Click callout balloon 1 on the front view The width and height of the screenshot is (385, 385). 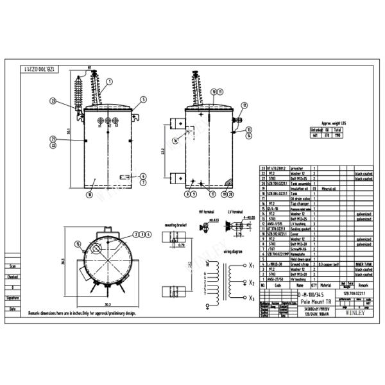tap(109, 81)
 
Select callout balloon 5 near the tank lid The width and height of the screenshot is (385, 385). tap(144, 99)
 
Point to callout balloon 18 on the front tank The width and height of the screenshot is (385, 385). tap(89, 194)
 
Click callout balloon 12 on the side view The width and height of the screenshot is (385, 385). tap(244, 105)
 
